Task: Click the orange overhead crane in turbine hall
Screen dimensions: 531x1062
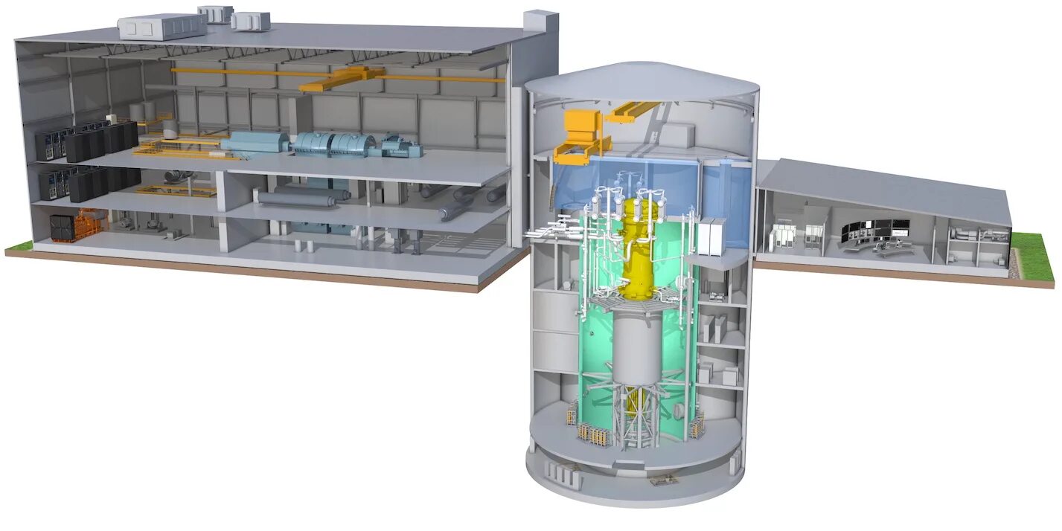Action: pos(342,77)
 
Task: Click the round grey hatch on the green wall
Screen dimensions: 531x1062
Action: pos(679,411)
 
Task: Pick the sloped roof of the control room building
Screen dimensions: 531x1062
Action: pos(886,190)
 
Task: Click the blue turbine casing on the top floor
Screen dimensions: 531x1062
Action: pos(335,144)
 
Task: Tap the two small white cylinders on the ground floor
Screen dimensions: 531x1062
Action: pos(301,245)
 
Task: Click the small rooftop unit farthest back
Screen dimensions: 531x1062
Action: pos(215,13)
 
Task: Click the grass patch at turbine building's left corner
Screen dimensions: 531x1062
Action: pos(19,246)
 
